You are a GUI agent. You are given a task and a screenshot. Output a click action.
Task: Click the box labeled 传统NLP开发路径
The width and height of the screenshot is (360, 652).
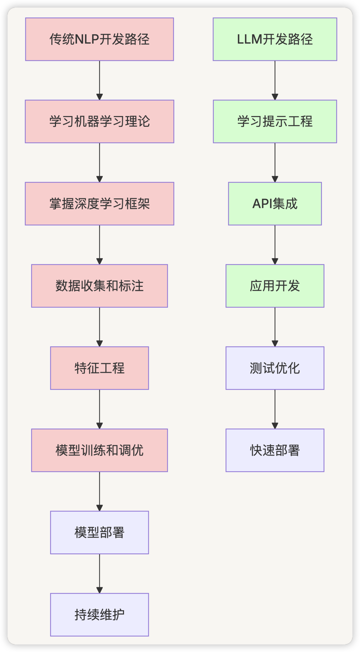(x=99, y=39)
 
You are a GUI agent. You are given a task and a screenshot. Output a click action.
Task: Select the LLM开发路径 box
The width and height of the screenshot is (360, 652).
(x=275, y=39)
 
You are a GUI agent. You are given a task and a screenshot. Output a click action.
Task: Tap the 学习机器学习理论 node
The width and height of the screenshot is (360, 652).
(x=99, y=121)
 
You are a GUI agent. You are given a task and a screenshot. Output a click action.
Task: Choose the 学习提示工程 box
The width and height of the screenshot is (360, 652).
(x=275, y=121)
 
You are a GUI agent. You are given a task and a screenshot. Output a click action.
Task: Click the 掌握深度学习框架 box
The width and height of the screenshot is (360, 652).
(x=99, y=204)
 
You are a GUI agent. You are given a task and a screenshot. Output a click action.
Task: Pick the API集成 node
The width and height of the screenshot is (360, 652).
(x=275, y=204)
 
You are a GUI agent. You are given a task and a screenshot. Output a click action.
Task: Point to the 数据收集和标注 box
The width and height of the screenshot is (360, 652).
(x=99, y=286)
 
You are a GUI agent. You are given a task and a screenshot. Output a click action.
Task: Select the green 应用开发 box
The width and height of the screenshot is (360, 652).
(x=275, y=286)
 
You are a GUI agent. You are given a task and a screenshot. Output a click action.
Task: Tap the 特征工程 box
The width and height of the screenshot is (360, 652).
(x=99, y=368)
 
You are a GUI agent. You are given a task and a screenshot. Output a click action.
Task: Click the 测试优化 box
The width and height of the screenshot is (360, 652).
(x=275, y=368)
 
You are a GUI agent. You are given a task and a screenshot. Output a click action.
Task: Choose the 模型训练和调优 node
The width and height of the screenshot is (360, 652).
(x=99, y=450)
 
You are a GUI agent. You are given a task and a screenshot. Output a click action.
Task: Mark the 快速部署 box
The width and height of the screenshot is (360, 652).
(x=275, y=450)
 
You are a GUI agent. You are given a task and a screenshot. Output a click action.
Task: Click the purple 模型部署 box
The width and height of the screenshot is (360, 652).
(x=99, y=533)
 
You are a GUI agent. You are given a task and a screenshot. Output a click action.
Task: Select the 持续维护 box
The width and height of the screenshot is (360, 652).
(x=99, y=615)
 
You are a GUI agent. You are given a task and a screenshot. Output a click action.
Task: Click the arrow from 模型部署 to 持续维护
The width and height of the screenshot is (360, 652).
(x=99, y=574)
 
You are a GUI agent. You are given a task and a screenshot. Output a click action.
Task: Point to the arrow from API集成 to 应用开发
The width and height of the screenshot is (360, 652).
(x=275, y=245)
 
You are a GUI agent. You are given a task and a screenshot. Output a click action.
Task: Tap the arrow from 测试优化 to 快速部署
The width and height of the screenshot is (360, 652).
(x=275, y=409)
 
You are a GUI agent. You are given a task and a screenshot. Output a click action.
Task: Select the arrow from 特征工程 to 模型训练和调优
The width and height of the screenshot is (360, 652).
(x=99, y=409)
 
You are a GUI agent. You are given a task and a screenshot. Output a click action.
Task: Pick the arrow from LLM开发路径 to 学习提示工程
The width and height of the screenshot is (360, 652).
(x=275, y=80)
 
